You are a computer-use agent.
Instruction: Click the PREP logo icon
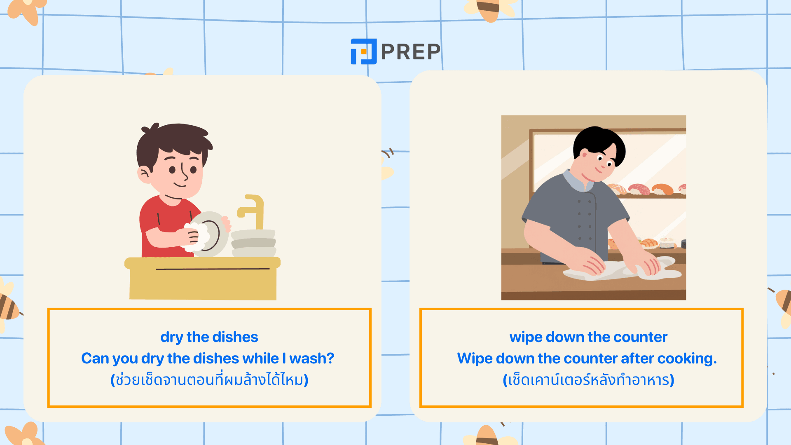point(363,52)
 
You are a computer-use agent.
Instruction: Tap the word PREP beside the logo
point(411,52)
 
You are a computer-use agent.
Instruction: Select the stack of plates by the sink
point(253,244)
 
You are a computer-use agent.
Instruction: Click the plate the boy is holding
point(210,234)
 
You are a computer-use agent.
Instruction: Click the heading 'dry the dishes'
point(209,337)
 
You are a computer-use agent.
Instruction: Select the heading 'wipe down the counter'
point(588,337)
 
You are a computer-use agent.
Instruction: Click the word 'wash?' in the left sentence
point(311,358)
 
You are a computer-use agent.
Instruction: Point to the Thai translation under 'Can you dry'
point(209,379)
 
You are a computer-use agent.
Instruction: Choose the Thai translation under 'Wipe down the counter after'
point(588,379)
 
